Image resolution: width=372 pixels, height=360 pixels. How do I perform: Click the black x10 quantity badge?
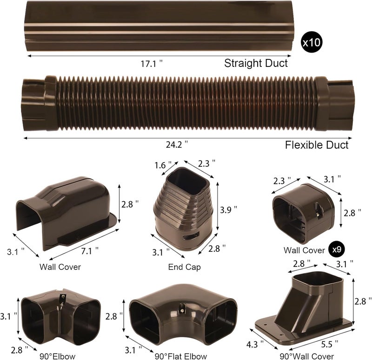click(312, 42)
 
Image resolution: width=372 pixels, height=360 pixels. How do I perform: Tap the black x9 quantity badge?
click(337, 249)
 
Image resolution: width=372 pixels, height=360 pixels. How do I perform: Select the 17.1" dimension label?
click(152, 63)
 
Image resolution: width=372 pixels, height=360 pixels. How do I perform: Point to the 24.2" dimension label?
click(177, 144)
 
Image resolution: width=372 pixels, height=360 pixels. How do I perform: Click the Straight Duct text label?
click(256, 63)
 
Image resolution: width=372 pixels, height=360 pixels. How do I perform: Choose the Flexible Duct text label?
click(317, 145)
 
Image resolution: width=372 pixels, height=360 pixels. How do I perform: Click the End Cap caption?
click(184, 267)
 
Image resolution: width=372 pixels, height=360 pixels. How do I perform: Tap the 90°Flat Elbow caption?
click(181, 356)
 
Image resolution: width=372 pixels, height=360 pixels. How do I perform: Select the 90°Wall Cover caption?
click(306, 356)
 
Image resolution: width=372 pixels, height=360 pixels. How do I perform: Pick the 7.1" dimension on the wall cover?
click(90, 251)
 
